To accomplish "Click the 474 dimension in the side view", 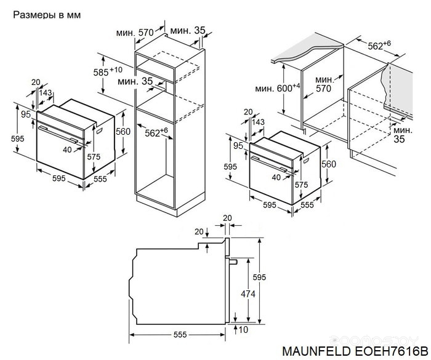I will coord(248,294).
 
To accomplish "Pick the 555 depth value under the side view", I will coord(179,335).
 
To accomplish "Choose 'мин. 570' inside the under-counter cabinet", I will coord(324,84).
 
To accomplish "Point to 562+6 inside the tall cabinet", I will coord(156,132).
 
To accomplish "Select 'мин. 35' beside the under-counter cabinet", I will coord(403,135).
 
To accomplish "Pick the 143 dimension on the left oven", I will coord(46,92).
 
